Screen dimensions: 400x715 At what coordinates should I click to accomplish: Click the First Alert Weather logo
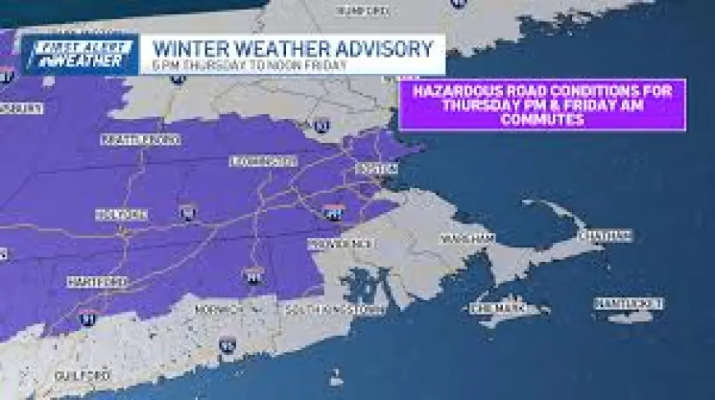coord(80,54)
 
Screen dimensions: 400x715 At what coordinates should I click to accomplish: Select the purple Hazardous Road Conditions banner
coord(542,104)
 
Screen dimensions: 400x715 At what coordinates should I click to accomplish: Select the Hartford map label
coord(97,282)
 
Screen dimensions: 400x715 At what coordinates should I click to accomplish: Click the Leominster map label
coord(263,160)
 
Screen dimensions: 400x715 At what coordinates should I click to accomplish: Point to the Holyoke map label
coord(122,214)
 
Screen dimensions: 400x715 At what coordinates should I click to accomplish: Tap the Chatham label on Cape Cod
coord(606,236)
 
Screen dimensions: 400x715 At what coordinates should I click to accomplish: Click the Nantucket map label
coord(629,303)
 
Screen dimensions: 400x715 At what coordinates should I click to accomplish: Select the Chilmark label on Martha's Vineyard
coord(496,309)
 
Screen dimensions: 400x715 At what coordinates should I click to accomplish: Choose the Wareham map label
coord(467,238)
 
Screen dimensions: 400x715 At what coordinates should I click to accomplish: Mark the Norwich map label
coord(219,310)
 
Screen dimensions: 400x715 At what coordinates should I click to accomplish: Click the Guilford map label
coord(82,375)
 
